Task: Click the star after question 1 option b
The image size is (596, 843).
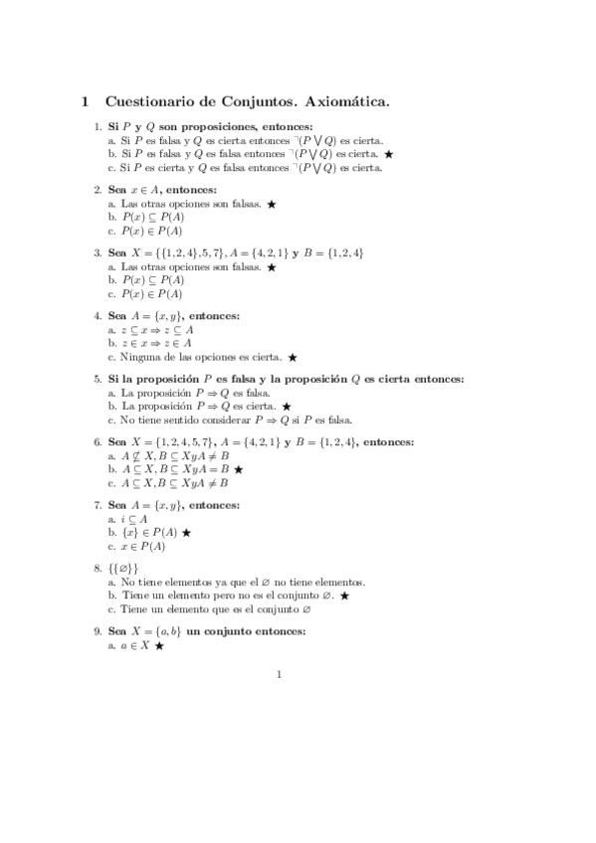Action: [x=389, y=155]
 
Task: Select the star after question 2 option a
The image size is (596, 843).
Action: [x=271, y=204]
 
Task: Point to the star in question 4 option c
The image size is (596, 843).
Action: [x=293, y=356]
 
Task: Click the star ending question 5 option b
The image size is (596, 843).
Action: [x=287, y=406]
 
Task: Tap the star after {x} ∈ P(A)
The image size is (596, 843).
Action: [x=187, y=532]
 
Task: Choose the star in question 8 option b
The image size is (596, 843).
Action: [x=344, y=594]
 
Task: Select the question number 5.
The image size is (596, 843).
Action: [x=98, y=379]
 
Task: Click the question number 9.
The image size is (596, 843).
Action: [x=98, y=631]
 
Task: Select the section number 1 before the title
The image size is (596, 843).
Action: [x=86, y=100]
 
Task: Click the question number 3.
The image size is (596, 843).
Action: [x=98, y=253]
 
